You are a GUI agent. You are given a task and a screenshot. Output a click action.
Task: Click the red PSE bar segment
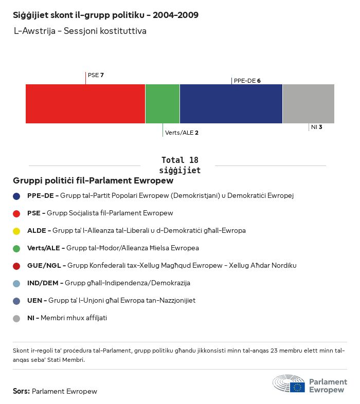[x=85, y=104]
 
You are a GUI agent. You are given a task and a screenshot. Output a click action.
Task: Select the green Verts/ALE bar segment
[x=163, y=104]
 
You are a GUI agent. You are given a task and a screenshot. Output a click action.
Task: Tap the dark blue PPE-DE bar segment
[x=231, y=104]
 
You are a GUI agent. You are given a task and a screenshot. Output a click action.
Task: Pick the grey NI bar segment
[x=308, y=104]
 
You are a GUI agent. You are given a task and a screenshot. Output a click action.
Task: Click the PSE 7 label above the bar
[x=96, y=75]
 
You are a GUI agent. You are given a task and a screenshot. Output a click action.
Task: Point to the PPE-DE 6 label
[x=247, y=81]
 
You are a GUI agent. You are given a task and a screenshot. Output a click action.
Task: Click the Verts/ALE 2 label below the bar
[x=182, y=133]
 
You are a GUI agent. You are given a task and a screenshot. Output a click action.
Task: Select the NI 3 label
[x=316, y=126]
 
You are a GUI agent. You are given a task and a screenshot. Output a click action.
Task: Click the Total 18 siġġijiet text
[x=179, y=165]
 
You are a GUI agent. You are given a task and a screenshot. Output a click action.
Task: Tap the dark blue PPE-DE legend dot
[x=16, y=196]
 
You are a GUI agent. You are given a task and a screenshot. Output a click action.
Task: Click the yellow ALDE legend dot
[x=16, y=231]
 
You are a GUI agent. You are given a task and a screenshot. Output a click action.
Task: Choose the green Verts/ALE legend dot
[x=16, y=248]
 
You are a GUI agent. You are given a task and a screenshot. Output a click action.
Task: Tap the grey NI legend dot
[x=16, y=318]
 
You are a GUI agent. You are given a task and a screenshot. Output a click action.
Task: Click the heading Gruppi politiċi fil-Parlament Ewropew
[x=93, y=181]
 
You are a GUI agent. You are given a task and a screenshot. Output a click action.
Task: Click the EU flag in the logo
[x=297, y=387]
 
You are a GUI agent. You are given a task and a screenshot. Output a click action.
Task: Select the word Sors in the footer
[x=21, y=391]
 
